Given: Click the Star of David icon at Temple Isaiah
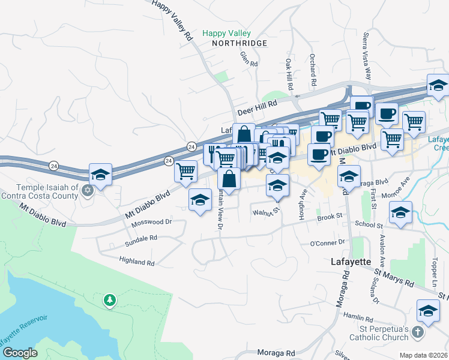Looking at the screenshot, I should [87, 190].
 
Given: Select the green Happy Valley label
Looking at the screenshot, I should [226, 34].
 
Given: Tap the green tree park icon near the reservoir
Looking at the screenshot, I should [109, 299].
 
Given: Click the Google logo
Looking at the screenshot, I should [19, 352].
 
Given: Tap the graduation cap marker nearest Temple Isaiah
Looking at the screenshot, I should [101, 175].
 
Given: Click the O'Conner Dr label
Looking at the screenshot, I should [328, 242].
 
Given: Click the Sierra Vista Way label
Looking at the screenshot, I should [367, 53].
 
